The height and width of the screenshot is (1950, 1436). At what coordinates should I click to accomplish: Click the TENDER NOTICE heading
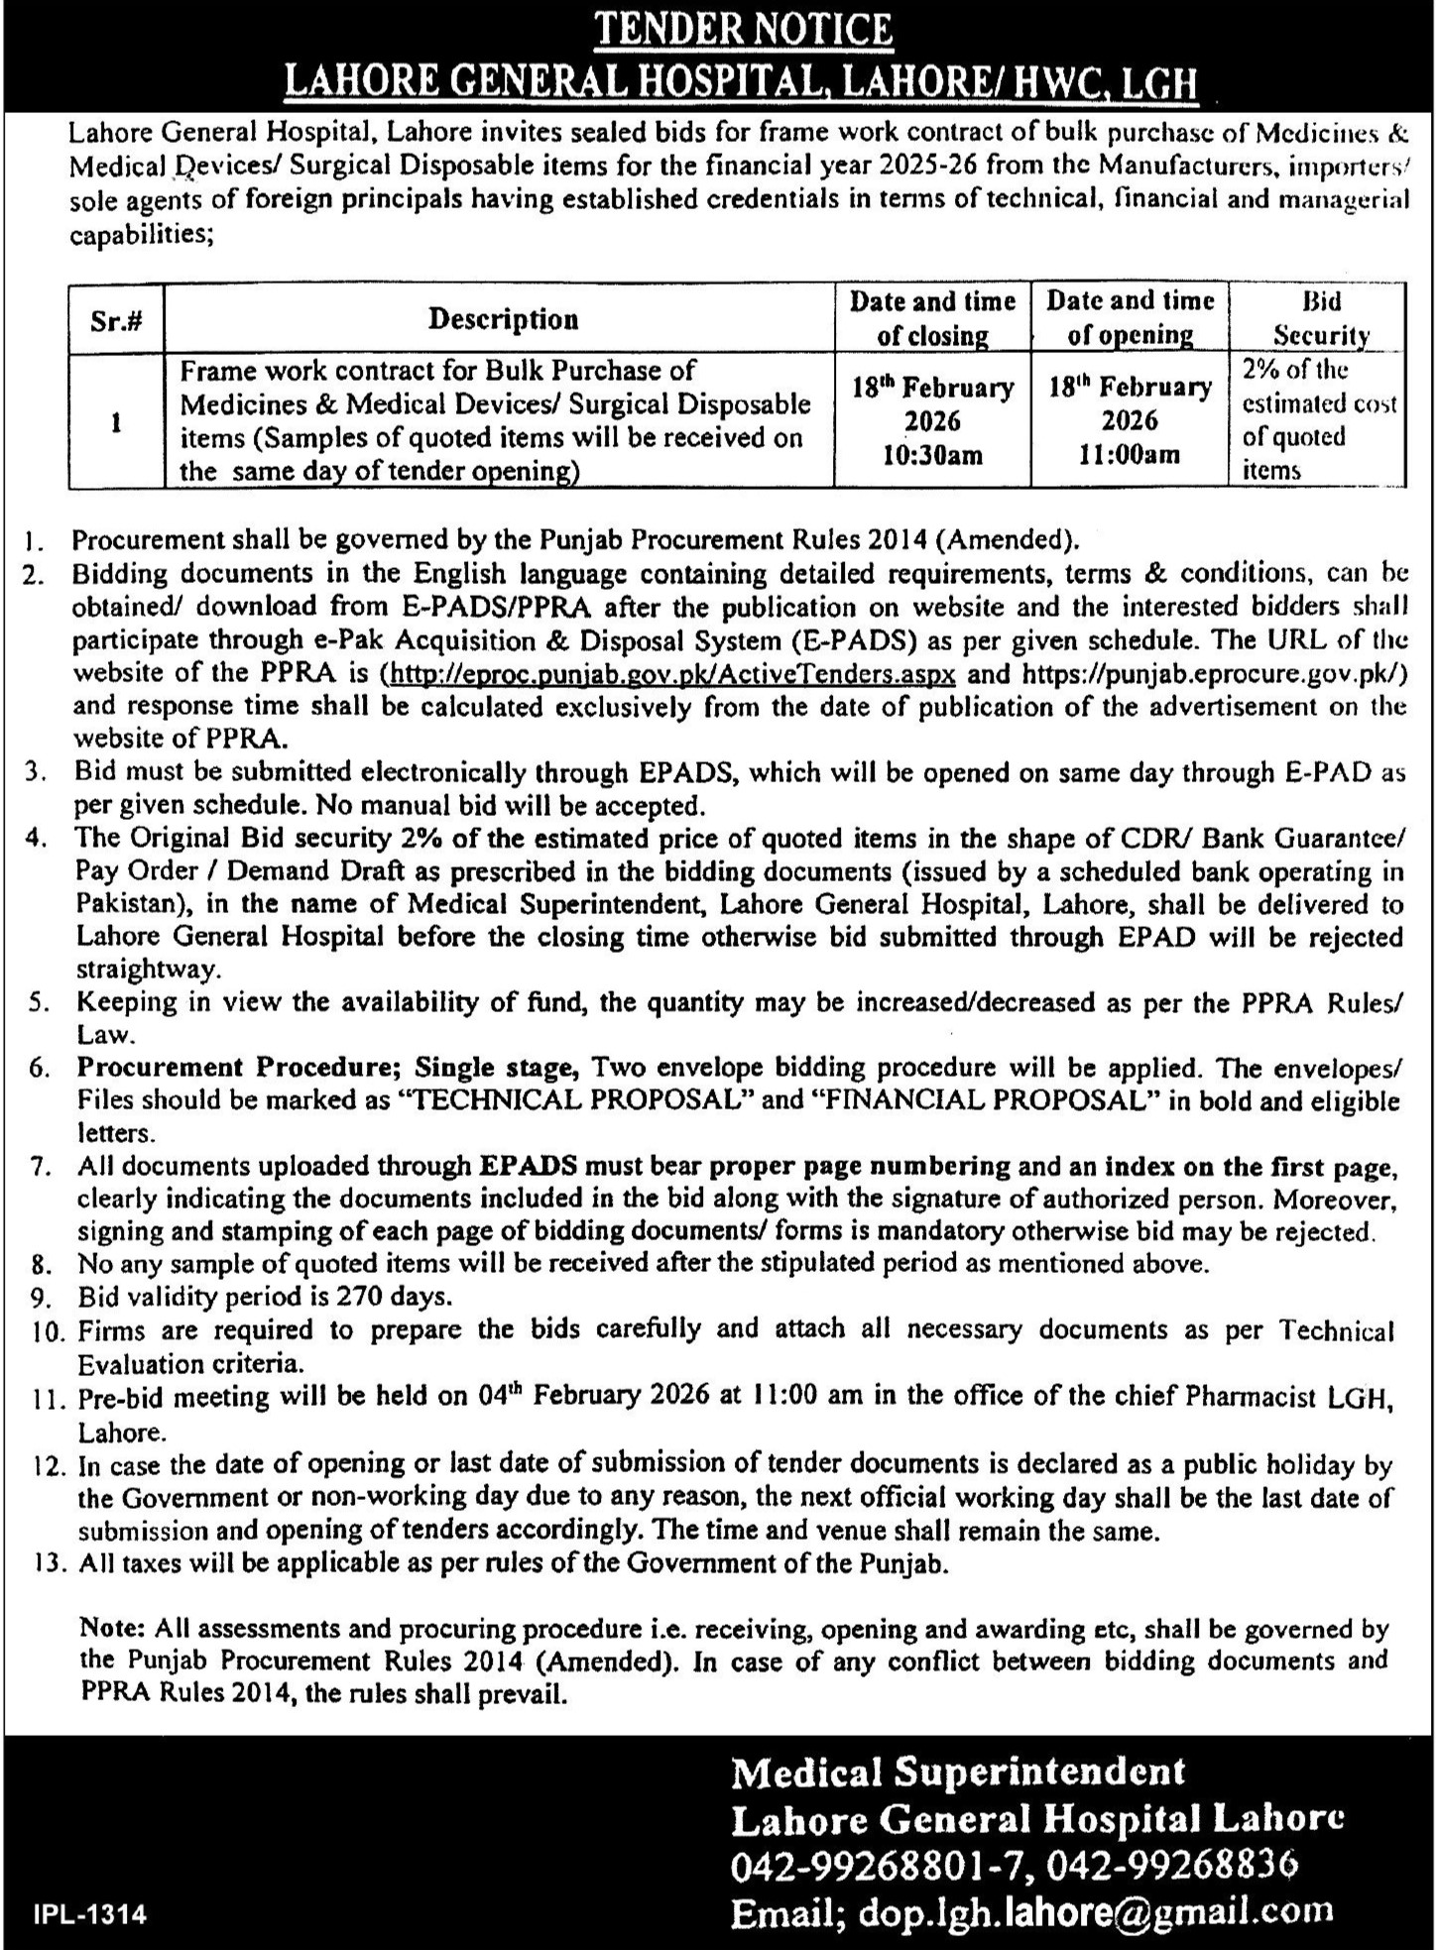(743, 30)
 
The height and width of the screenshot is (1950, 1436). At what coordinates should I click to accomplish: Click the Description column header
(503, 319)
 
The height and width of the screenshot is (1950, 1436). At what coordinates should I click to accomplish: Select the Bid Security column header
(1321, 317)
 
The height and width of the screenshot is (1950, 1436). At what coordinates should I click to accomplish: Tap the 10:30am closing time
(933, 455)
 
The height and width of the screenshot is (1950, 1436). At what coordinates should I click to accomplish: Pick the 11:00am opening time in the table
(1130, 455)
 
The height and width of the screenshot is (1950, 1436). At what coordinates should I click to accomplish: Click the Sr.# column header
(116, 319)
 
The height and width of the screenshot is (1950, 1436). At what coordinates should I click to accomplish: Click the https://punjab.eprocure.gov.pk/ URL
(1212, 674)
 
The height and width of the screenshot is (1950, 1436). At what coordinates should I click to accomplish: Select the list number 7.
(41, 1167)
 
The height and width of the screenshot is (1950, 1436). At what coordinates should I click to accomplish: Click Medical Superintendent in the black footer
(957, 1771)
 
